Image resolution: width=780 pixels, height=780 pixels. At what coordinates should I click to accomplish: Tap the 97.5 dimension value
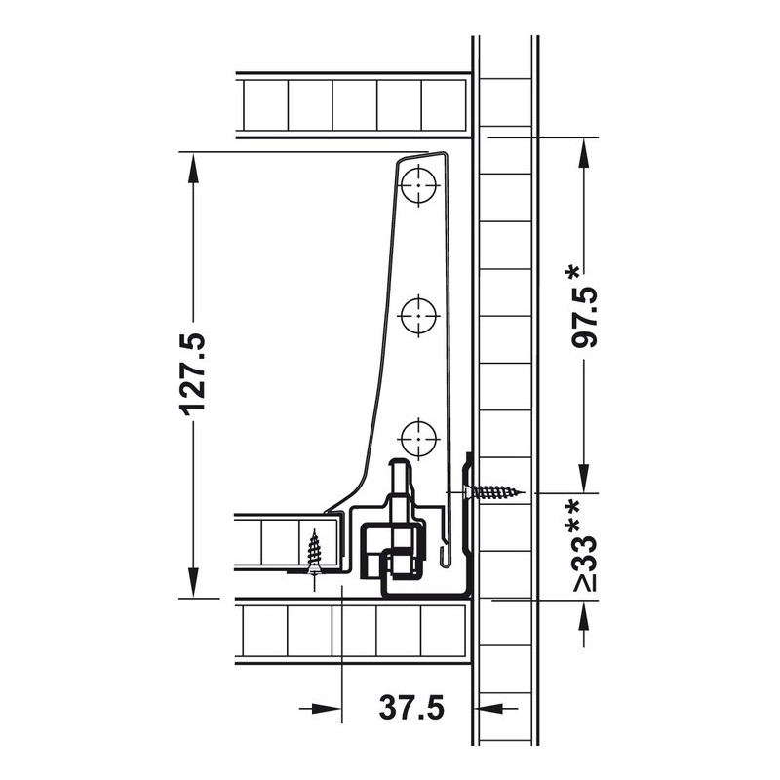[x=584, y=317]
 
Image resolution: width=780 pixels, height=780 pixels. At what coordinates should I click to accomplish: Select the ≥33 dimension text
[x=584, y=564]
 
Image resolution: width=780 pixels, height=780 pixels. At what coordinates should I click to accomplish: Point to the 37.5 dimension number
[x=411, y=708]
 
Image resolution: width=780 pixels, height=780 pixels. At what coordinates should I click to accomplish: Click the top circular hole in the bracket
[x=419, y=185]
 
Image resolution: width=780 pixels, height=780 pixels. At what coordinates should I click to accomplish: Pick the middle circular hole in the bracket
[x=419, y=316]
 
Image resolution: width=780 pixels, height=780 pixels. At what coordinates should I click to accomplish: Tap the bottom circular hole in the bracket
[x=419, y=440]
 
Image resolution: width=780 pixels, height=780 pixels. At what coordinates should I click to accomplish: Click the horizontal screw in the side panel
[x=494, y=492]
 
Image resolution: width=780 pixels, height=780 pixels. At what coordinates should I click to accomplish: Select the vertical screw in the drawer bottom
[x=314, y=552]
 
